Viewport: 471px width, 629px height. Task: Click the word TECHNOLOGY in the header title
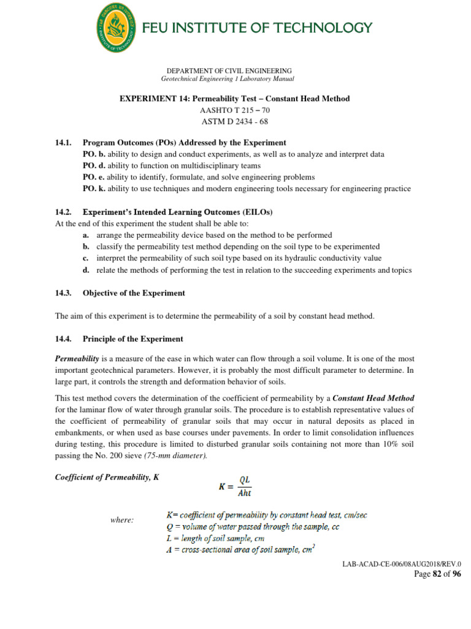[326, 28]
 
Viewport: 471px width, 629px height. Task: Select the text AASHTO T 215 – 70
[234, 110]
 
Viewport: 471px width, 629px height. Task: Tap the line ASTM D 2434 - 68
[234, 121]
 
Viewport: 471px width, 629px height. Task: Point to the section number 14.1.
[64, 143]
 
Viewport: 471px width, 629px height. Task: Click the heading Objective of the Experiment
[134, 293]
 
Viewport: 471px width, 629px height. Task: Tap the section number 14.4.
[64, 338]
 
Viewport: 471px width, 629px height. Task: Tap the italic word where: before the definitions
[122, 520]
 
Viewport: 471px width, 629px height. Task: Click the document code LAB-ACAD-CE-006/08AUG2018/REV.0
[402, 563]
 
